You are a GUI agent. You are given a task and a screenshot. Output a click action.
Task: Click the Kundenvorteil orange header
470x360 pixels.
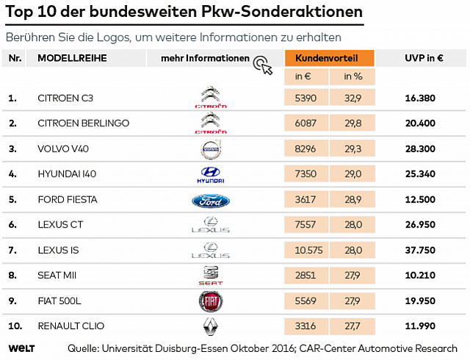click(x=330, y=58)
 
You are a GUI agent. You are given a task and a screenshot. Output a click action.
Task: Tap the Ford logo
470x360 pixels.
click(x=211, y=201)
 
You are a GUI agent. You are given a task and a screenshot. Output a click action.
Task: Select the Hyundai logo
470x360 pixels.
click(x=211, y=175)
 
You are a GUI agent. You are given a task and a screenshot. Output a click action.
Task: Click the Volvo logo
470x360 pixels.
click(x=211, y=149)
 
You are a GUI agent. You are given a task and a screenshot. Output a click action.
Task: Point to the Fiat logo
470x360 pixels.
click(x=211, y=301)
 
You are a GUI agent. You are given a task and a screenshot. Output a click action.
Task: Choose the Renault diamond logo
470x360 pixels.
click(x=211, y=326)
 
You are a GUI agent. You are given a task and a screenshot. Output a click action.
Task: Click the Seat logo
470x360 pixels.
click(x=211, y=276)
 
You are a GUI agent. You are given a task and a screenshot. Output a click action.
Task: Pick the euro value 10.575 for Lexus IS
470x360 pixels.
click(x=308, y=251)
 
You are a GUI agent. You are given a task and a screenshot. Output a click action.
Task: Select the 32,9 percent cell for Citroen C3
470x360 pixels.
click(x=352, y=98)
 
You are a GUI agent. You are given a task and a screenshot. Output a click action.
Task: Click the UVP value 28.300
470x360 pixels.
click(x=420, y=149)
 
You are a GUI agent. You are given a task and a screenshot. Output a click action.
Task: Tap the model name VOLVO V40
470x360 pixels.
click(x=63, y=149)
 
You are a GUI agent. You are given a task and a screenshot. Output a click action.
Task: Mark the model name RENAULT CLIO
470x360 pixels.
click(x=71, y=325)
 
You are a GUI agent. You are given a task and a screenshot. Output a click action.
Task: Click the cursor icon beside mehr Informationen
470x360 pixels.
click(x=263, y=65)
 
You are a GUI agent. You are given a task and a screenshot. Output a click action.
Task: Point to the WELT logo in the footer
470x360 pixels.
click(x=21, y=348)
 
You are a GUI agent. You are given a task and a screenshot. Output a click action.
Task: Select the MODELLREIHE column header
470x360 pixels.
click(x=72, y=58)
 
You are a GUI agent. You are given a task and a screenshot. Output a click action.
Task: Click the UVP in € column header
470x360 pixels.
click(x=424, y=58)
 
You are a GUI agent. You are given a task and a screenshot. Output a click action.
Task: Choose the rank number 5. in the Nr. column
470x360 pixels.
click(x=12, y=200)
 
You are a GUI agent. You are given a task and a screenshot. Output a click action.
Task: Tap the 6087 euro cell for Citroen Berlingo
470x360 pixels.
click(x=305, y=123)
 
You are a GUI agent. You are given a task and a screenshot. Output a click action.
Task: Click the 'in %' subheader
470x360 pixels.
click(x=352, y=76)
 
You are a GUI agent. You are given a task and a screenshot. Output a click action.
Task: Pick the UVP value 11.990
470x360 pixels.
click(x=420, y=325)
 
